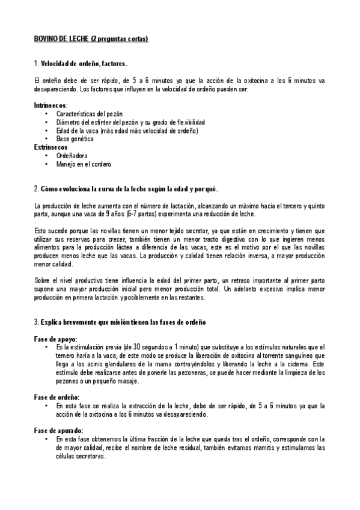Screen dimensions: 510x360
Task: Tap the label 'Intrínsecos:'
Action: coord(50,105)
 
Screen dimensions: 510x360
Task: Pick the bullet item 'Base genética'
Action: coord(75,138)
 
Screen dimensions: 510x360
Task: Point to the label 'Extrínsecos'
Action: coord(50,147)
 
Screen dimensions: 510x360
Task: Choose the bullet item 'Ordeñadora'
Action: coord(72,155)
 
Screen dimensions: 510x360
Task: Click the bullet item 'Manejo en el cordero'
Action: coord(84,164)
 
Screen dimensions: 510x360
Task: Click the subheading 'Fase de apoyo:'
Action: coord(55,339)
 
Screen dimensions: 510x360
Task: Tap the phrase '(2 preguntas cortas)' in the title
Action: coord(120,38)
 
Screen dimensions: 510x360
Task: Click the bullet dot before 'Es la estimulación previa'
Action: coord(46,348)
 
